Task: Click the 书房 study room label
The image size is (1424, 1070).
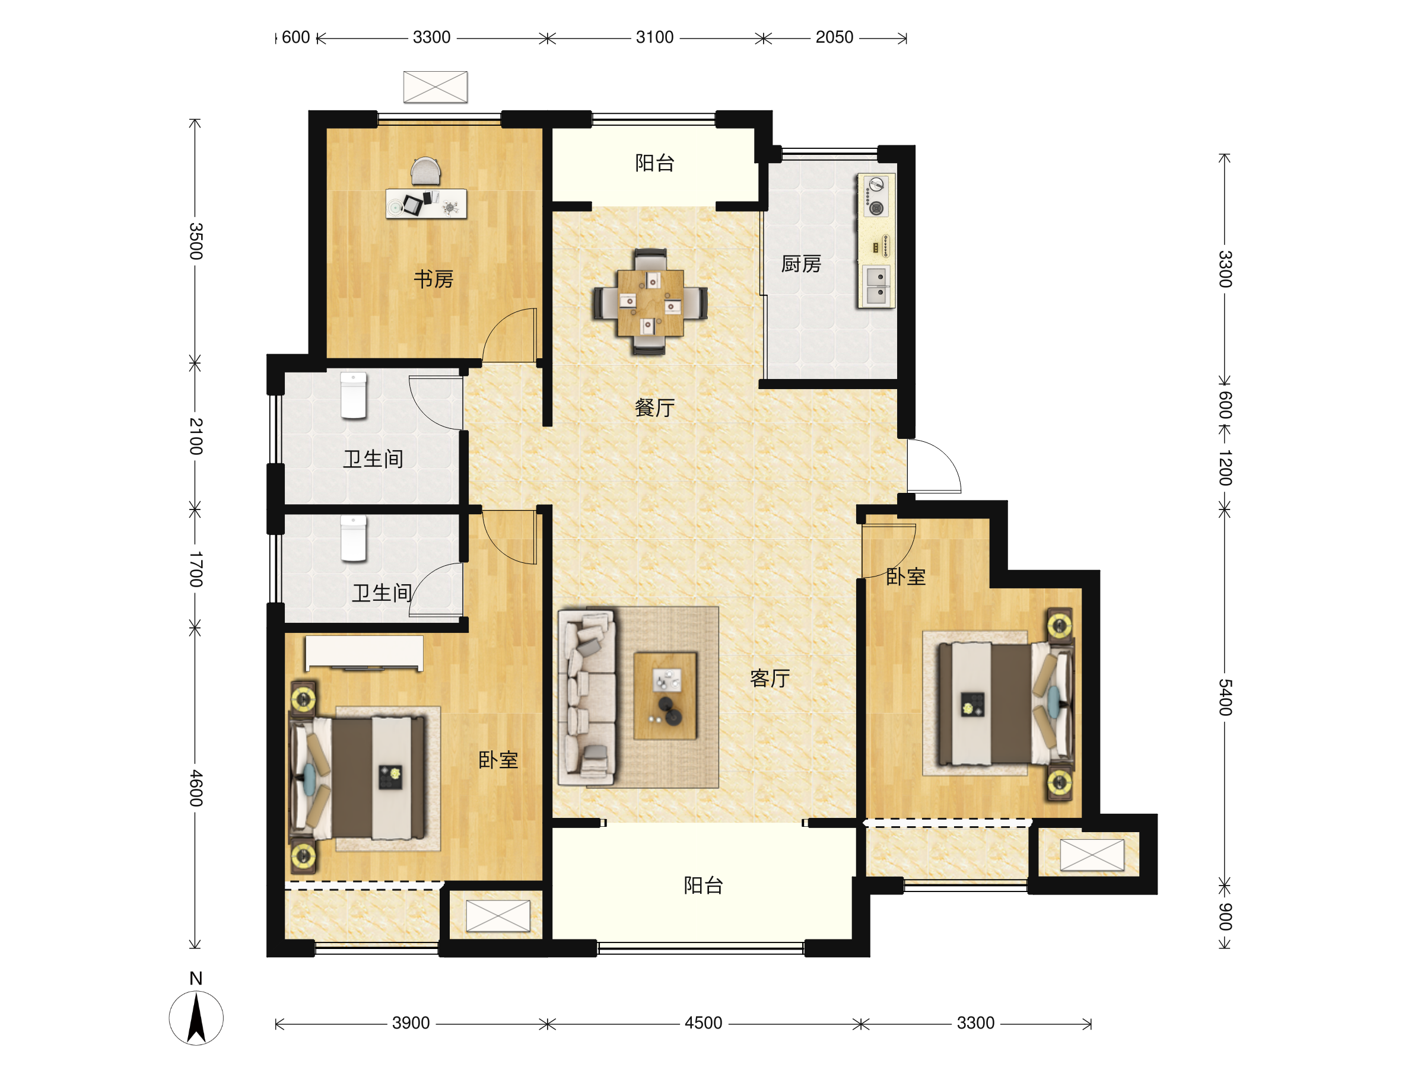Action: pos(433,279)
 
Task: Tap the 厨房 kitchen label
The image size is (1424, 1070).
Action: pos(801,264)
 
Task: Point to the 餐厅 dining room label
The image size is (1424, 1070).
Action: pos(654,407)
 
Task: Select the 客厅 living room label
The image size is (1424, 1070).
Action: pos(770,678)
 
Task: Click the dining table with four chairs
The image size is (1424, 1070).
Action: pos(650,302)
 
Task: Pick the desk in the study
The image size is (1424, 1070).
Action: pos(426,203)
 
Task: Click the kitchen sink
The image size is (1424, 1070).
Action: pos(876,285)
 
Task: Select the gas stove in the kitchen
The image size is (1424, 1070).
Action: pos(876,196)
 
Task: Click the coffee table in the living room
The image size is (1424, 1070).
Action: pos(665,696)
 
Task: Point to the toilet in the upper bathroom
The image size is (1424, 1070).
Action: pos(354,396)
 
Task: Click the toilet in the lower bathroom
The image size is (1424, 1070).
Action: pos(354,539)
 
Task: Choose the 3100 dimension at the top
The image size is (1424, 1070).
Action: pos(654,37)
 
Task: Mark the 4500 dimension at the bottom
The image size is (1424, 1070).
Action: pos(704,1023)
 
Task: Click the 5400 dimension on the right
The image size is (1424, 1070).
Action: pos(1225,698)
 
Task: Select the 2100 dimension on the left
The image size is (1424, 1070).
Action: pos(196,436)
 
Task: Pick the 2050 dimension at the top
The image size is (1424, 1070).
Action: pos(834,37)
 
